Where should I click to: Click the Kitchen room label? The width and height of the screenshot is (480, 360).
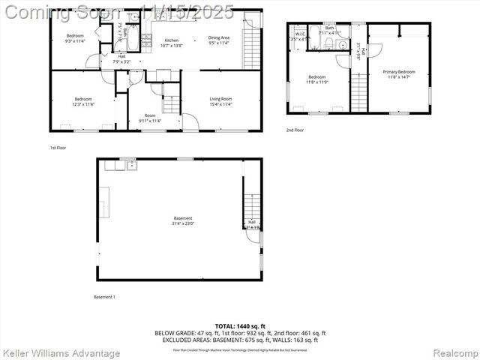tap(172, 40)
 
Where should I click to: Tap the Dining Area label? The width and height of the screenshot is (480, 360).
tap(219, 37)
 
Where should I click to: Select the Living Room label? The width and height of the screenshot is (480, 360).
tap(220, 99)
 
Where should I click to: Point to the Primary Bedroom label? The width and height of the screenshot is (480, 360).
tap(399, 72)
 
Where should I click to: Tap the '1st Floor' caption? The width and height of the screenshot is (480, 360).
tap(58, 148)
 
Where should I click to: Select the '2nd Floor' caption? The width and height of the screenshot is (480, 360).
tap(295, 130)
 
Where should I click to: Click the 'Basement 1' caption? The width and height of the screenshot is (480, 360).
tap(104, 297)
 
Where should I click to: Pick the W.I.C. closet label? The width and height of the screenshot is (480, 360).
tap(300, 33)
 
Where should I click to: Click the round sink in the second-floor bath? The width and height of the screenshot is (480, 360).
tap(343, 45)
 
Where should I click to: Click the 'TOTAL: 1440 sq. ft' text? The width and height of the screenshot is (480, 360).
tap(240, 326)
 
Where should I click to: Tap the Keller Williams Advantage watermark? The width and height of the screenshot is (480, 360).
tap(61, 352)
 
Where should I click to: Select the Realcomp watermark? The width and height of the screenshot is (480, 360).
tap(448, 352)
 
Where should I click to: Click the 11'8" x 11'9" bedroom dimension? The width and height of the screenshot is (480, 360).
tap(316, 82)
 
